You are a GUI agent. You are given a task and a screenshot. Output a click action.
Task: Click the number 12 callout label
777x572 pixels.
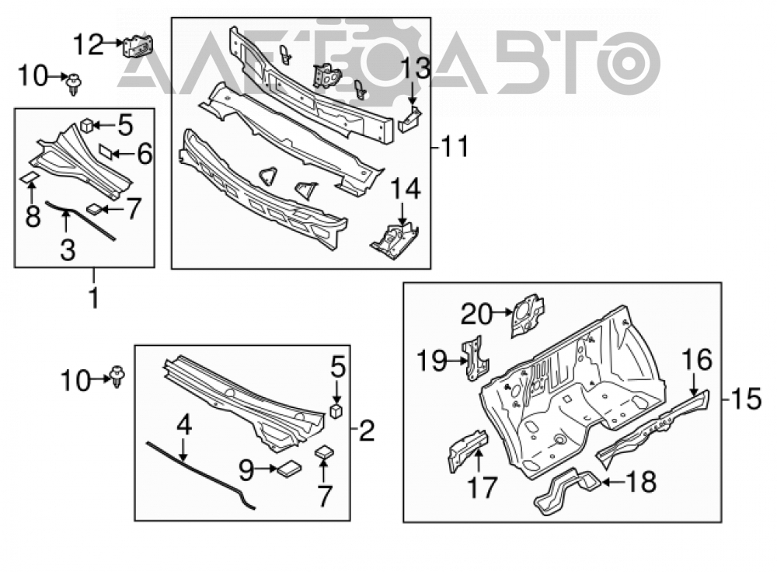[x=89, y=44]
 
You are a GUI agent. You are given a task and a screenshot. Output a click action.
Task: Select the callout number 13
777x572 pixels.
[x=415, y=69]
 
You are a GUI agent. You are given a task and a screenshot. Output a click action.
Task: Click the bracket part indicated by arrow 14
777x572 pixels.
[x=395, y=240]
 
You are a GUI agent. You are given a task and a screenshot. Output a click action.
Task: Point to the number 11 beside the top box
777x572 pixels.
[x=455, y=147]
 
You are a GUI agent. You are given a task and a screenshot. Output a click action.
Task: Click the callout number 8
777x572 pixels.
[x=33, y=217]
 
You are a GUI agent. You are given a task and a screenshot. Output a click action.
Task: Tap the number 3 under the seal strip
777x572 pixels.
[x=68, y=249]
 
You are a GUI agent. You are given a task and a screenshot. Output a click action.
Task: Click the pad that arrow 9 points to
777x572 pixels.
[x=289, y=469]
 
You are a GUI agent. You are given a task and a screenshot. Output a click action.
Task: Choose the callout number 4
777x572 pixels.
[x=184, y=426]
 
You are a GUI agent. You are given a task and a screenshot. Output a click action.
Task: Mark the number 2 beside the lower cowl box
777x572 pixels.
[x=367, y=431]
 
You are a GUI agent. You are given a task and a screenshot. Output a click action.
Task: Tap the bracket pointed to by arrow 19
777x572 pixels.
[x=476, y=358]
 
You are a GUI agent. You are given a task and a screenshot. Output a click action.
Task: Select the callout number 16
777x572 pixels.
[x=697, y=359]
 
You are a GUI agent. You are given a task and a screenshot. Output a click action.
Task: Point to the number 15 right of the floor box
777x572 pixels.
[x=746, y=399]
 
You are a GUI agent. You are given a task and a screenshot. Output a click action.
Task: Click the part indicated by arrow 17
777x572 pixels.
[x=468, y=450]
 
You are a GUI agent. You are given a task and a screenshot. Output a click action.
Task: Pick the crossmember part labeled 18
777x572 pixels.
[x=567, y=490]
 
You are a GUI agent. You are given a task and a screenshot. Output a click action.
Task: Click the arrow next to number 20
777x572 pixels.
[x=503, y=312]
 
